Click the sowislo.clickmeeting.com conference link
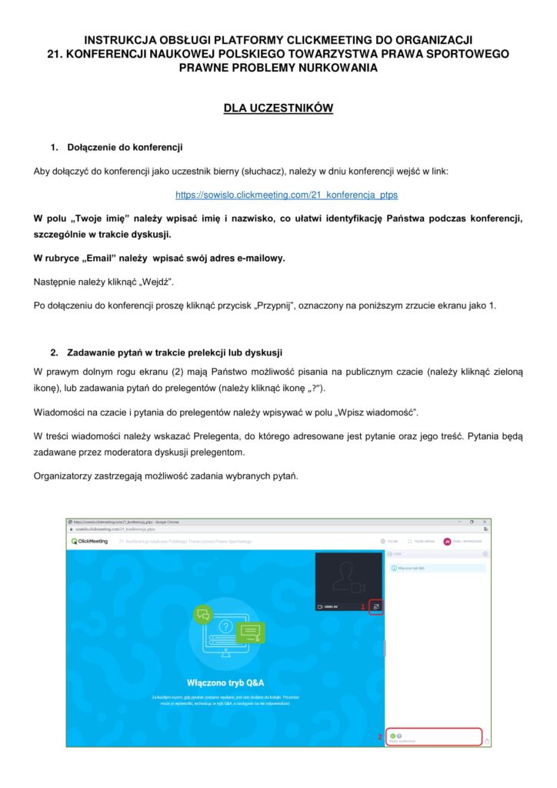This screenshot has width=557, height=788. click(x=286, y=195)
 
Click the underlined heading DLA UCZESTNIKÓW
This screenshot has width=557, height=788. click(x=278, y=109)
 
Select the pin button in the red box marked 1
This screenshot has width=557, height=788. click(x=377, y=606)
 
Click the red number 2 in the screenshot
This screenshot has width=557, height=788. click(x=379, y=737)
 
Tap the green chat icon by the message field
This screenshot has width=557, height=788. click(x=393, y=736)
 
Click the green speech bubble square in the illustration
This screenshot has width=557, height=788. click(x=203, y=615)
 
